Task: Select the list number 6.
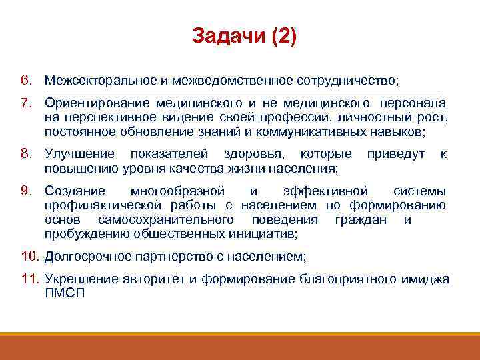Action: tap(25, 81)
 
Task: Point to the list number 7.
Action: tap(25, 103)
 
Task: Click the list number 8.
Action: tap(25, 154)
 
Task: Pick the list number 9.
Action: tap(25, 191)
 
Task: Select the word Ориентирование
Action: tap(97, 103)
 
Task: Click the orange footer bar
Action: tap(240, 347)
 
